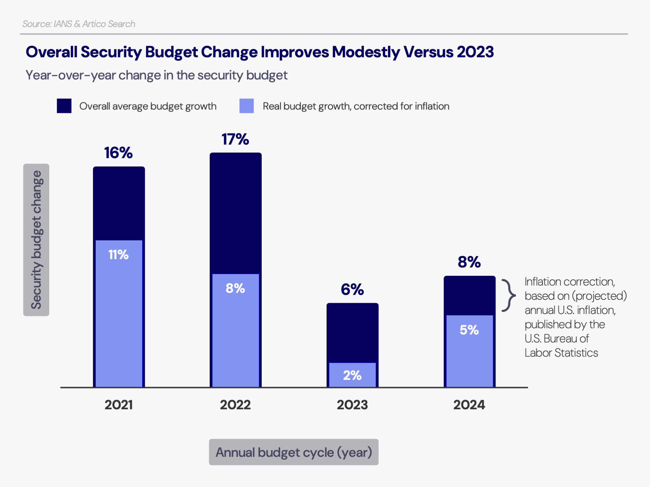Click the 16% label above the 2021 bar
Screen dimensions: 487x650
[118, 153]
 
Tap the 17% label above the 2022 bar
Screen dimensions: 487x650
[235, 139]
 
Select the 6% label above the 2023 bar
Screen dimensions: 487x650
[352, 289]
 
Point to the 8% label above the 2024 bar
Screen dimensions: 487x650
[469, 262]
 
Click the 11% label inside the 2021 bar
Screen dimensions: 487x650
[118, 255]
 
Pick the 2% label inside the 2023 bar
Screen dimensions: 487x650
[352, 375]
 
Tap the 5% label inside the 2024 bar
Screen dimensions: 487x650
[469, 330]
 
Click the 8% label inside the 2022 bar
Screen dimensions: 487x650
[235, 288]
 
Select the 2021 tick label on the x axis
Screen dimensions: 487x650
[119, 405]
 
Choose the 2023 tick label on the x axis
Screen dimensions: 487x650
[352, 405]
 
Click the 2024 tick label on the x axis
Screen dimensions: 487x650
[469, 405]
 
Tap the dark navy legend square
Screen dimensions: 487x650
[64, 106]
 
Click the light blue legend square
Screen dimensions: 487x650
[246, 106]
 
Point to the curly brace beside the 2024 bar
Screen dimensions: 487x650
[509, 295]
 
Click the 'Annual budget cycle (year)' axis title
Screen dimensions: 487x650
[294, 452]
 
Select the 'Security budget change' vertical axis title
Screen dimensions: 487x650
[36, 240]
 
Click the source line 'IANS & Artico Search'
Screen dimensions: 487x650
[79, 24]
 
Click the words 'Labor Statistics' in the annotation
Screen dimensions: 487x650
[561, 353]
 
